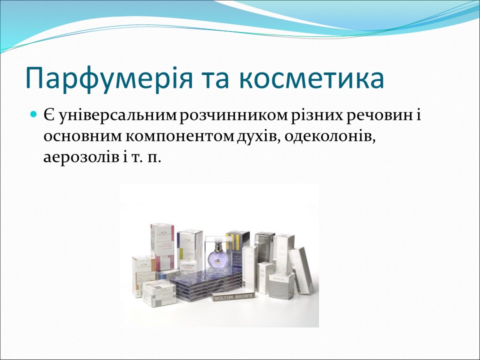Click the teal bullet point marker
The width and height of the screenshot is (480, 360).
coord(34,115)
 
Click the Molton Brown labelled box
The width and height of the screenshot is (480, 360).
coord(233,296)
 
